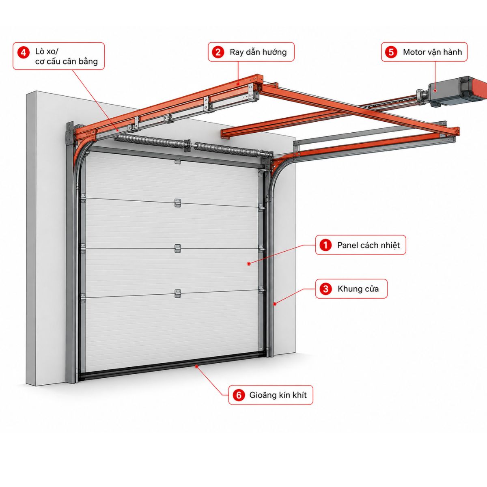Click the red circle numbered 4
point(23,53)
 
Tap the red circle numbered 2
point(218,52)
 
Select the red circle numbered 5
point(391,52)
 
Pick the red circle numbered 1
point(325,245)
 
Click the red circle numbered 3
point(325,289)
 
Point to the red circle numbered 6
point(239,395)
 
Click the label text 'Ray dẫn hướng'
point(258,52)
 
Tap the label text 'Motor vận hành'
point(432,52)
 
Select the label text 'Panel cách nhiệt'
point(368,245)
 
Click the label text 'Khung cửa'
point(358,289)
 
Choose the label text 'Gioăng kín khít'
point(278,395)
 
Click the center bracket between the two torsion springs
point(188,146)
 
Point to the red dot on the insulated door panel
point(249,264)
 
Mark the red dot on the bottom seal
point(196,365)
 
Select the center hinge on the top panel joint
point(178,203)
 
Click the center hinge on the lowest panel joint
point(178,294)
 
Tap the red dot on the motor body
point(435,91)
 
